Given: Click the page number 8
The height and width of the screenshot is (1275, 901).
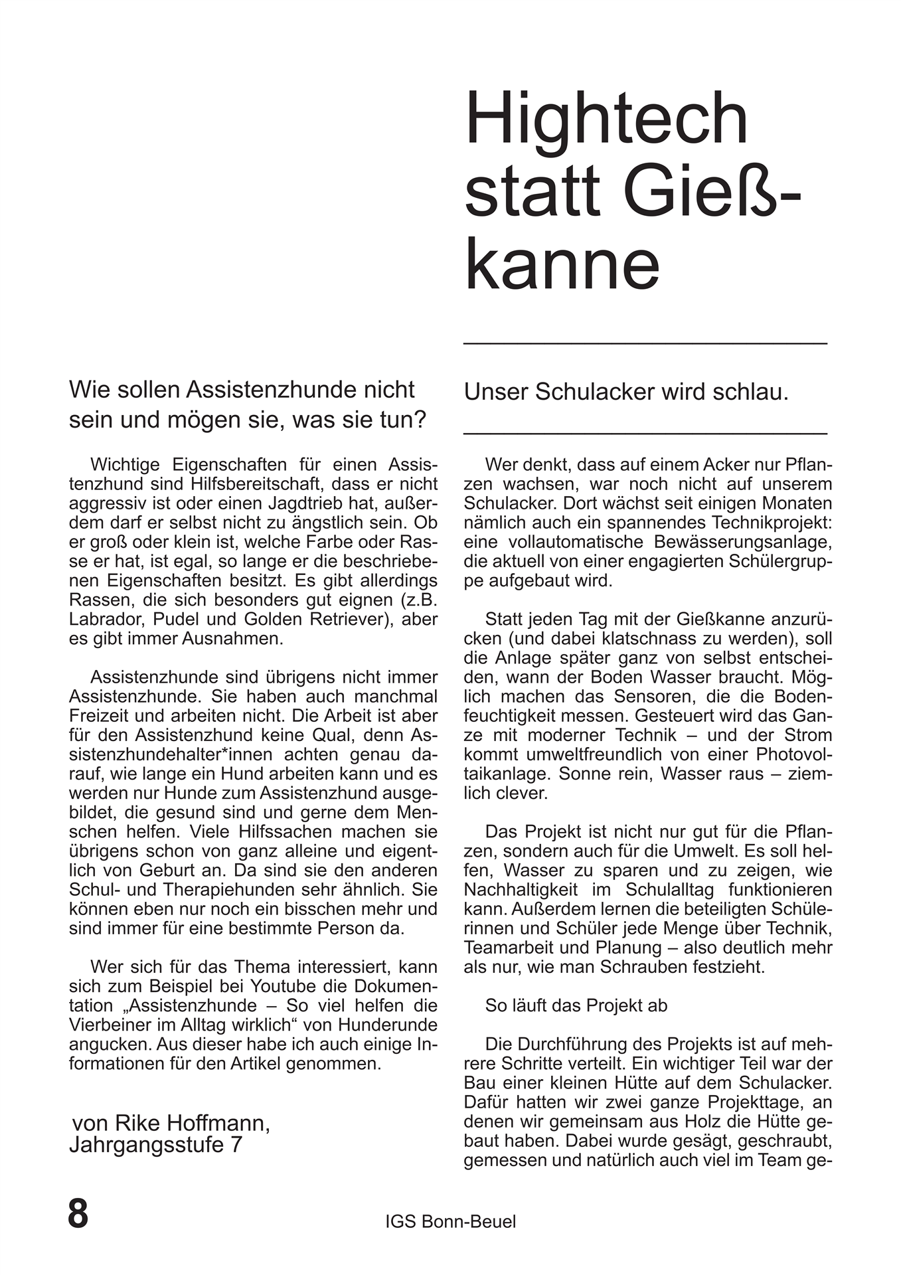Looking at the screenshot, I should pyautogui.click(x=78, y=1213).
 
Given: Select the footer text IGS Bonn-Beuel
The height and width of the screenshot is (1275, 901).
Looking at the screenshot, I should pyautogui.click(x=450, y=1221).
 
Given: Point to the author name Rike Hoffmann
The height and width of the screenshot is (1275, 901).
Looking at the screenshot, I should pyautogui.click(x=192, y=1123).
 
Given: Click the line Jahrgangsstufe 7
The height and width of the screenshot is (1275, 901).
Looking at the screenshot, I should pyautogui.click(x=156, y=1145).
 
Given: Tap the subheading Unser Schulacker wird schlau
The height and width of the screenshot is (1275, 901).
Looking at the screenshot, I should pyautogui.click(x=626, y=392).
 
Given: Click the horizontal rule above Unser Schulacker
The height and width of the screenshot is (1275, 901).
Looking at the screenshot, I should pyautogui.click(x=645, y=343).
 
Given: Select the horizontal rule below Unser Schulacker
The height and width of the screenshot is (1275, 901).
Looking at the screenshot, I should pyautogui.click(x=645, y=433).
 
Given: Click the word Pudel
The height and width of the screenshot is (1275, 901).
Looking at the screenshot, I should pyautogui.click(x=177, y=619).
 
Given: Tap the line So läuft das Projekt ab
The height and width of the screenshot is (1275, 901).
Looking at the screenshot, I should pyautogui.click(x=576, y=1005).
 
